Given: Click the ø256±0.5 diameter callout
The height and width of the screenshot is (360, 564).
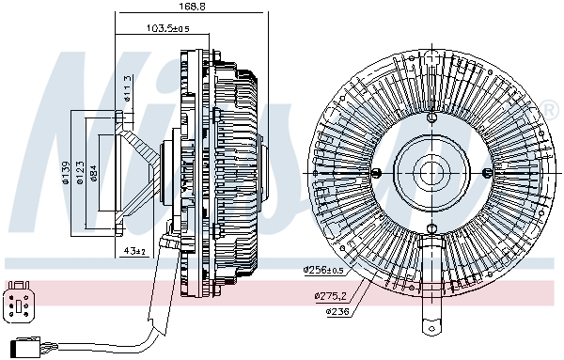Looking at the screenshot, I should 325,270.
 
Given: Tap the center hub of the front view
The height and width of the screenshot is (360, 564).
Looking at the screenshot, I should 431,172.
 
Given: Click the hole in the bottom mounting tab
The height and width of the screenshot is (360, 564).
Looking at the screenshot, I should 431,327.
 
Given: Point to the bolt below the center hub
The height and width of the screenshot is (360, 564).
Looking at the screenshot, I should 431,228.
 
